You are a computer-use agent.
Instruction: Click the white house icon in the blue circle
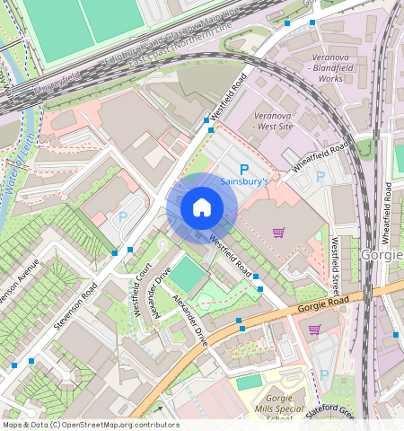click(202, 208)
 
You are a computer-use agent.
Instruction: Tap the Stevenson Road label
click(76, 306)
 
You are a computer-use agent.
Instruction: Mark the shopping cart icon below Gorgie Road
click(314, 330)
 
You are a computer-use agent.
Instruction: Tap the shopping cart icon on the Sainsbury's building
click(278, 233)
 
